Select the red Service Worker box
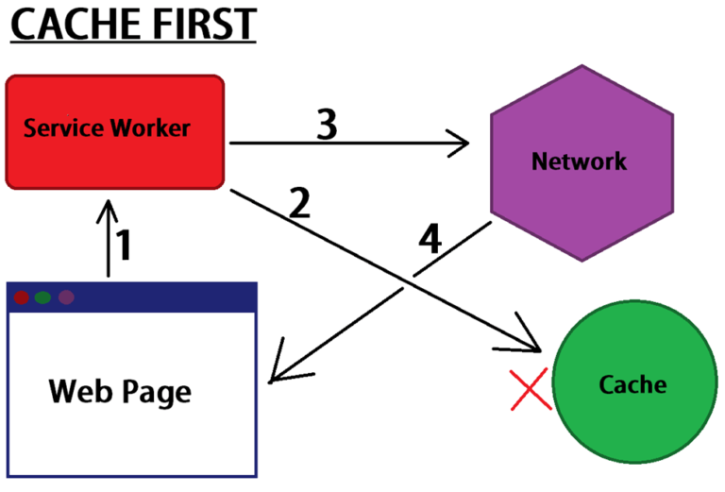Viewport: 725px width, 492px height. [114, 131]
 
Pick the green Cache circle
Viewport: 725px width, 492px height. [632, 386]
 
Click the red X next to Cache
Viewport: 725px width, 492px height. [531, 390]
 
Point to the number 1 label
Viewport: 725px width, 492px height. [124, 246]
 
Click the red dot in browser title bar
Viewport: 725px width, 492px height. [22, 297]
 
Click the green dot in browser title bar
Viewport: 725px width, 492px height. [42, 297]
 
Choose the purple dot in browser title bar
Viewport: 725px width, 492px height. [66, 297]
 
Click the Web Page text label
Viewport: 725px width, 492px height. [120, 390]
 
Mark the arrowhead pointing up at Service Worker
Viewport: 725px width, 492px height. [110, 205]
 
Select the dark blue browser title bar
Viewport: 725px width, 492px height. [160, 297]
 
